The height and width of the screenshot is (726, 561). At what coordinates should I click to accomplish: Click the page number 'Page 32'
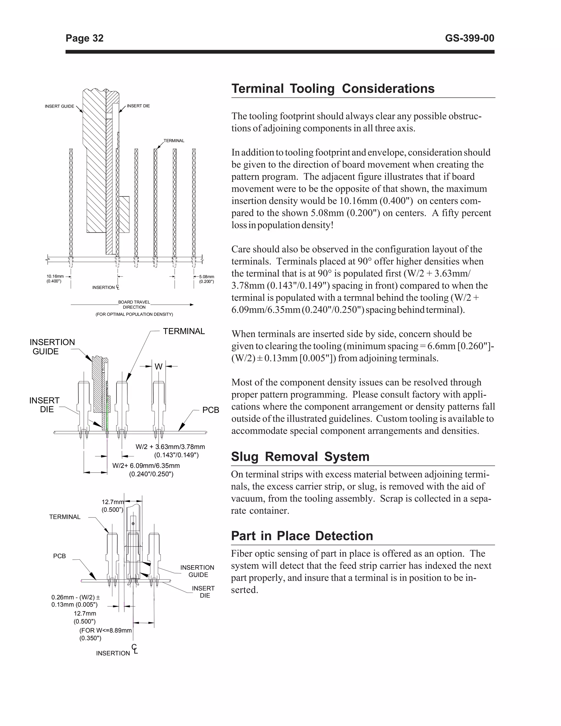(x=84, y=39)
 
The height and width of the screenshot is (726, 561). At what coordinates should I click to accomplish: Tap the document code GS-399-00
(x=469, y=39)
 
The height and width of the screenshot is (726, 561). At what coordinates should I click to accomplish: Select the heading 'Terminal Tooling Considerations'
(x=333, y=89)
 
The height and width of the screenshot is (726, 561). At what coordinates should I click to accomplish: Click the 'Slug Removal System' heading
(x=300, y=456)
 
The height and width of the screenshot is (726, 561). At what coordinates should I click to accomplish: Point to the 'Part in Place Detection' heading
(x=302, y=536)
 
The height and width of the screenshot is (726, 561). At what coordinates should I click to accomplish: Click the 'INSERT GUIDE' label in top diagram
(x=59, y=106)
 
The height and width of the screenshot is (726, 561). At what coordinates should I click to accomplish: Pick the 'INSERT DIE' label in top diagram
(x=138, y=106)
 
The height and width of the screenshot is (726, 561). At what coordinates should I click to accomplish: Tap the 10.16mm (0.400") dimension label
(x=55, y=279)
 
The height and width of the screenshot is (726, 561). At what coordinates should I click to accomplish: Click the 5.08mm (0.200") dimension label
(x=206, y=279)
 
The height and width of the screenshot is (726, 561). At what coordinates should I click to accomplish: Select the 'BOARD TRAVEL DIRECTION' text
(x=134, y=304)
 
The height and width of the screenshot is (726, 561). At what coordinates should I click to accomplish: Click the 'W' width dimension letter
(x=159, y=367)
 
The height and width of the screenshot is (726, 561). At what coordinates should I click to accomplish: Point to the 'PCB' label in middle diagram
(x=211, y=410)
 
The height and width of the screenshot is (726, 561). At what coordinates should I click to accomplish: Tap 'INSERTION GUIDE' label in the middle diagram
(x=52, y=347)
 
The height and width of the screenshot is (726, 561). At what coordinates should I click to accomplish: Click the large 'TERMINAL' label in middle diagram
(x=184, y=331)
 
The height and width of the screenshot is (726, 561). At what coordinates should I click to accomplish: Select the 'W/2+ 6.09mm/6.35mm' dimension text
(x=146, y=466)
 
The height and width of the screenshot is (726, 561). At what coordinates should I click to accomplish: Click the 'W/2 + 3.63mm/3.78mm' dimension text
(x=170, y=447)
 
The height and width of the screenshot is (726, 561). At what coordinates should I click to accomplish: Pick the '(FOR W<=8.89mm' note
(x=106, y=631)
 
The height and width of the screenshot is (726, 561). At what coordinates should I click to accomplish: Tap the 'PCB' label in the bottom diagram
(x=59, y=556)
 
